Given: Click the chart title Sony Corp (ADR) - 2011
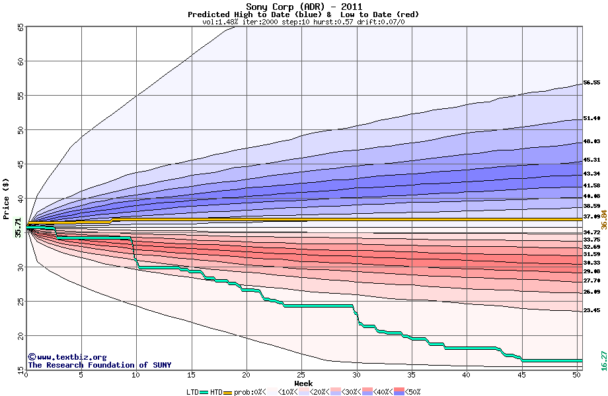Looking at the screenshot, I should (x=303, y=7).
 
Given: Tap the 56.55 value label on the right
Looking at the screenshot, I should (x=591, y=83).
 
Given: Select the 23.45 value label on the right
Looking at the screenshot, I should (x=591, y=310).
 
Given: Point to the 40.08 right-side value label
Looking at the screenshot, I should (x=591, y=196).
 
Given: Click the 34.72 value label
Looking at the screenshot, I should (x=591, y=232).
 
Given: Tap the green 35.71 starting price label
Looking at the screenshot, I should (x=19, y=227).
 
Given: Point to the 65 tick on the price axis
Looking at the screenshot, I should (x=20, y=27).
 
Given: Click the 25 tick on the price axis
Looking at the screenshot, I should (x=20, y=301).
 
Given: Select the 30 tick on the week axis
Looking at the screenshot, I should (x=357, y=375).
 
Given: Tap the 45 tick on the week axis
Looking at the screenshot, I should (x=522, y=375).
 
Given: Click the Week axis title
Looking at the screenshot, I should (x=303, y=383).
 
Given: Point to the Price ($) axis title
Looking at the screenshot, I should (x=6, y=199).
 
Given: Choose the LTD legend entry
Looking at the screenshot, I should (x=193, y=392).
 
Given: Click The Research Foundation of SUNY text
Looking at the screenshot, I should (x=99, y=365).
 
